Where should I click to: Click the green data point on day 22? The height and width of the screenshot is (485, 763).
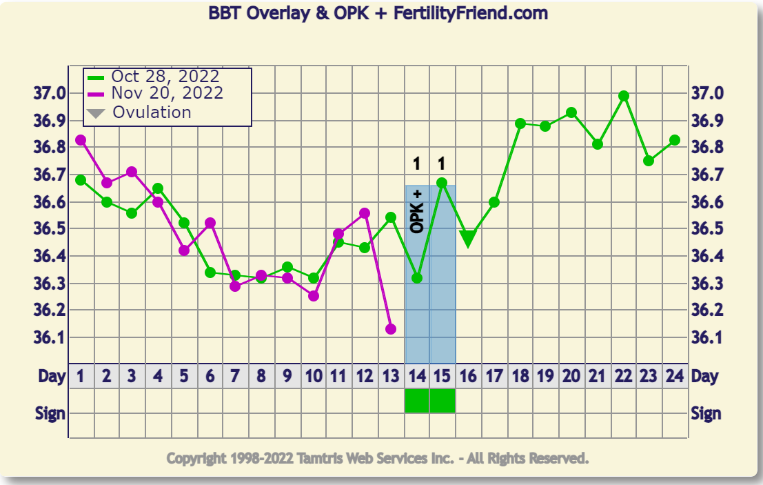coord(624,96)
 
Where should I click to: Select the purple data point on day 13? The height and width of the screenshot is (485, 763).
coord(391,329)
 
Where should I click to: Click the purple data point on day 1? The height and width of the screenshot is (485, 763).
coord(81,140)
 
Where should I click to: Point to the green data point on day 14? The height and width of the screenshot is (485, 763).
coord(417,278)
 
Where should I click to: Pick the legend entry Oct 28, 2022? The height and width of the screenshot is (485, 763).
coord(165,77)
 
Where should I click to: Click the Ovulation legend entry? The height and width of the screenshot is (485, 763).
coord(152,112)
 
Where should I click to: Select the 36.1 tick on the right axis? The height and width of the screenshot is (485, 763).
coord(708,337)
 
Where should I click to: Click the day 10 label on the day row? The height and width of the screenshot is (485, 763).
coord(314,377)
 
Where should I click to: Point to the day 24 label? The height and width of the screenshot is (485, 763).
coord(675,377)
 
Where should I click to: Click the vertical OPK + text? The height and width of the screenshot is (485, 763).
coord(416,210)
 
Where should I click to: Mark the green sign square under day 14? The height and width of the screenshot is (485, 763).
coord(417,401)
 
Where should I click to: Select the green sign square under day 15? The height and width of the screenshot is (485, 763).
coord(442,401)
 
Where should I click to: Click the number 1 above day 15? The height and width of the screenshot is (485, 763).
coord(442,164)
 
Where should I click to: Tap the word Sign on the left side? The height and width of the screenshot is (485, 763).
coord(50,413)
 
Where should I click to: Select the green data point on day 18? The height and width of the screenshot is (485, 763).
coord(520,123)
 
